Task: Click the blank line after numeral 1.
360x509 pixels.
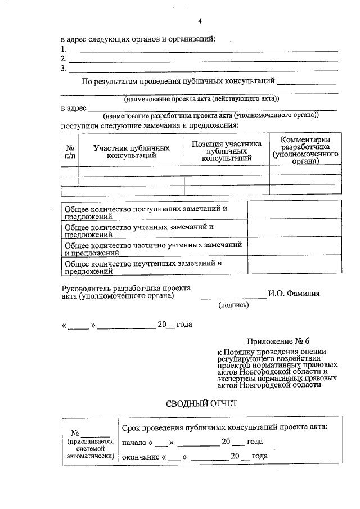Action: [x=202, y=51]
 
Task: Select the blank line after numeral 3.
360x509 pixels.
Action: [x=202, y=70]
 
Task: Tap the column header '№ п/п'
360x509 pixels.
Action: [x=70, y=151]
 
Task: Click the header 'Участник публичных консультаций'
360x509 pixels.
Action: [x=132, y=151]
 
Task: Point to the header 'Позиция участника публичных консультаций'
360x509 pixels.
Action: [x=226, y=151]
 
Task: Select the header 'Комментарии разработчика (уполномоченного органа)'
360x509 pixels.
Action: [x=305, y=150]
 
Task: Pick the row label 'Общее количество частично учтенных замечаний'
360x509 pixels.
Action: [x=153, y=249]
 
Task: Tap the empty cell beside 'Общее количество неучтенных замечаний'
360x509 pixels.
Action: [x=294, y=267]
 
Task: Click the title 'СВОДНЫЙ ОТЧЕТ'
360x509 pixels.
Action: [x=202, y=403]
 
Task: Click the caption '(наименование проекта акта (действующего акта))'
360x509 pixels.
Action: [x=201, y=98]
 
